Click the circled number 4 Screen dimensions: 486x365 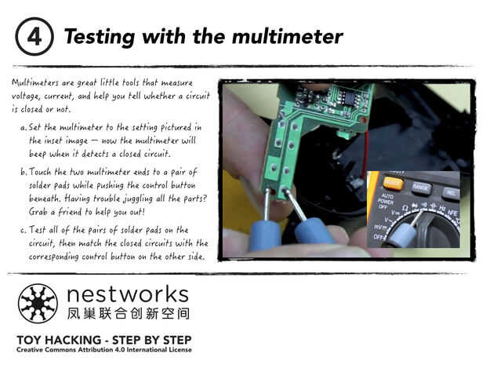click(x=34, y=37)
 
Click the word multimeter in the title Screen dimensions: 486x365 click(x=288, y=37)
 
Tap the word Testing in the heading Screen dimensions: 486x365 click(x=100, y=38)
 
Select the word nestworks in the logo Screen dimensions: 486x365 click(x=128, y=294)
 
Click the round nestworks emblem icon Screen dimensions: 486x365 click(x=38, y=304)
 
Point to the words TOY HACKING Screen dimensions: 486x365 click(x=59, y=340)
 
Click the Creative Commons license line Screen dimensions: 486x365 click(x=104, y=350)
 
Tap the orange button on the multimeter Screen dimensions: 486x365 click(x=393, y=183)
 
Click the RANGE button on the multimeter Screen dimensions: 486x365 click(x=421, y=188)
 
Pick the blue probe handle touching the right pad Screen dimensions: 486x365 click(x=314, y=231)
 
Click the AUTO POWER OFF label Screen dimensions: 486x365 click(x=385, y=201)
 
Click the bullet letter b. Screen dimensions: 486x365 click(x=24, y=172)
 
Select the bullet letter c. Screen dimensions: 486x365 click(x=24, y=231)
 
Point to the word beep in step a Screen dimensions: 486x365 click(x=38, y=155)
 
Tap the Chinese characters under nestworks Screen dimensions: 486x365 click(x=128, y=314)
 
